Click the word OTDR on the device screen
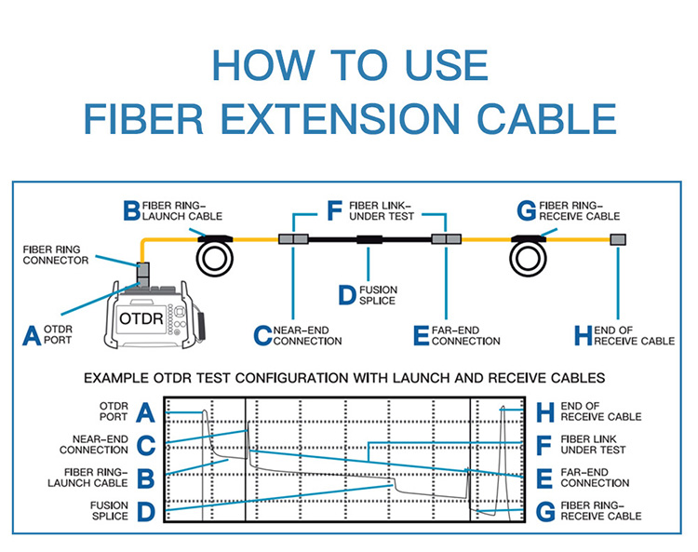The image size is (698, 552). click(x=141, y=317)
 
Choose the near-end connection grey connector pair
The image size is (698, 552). click(x=294, y=240)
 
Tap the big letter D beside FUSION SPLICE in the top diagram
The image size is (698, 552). click(x=346, y=296)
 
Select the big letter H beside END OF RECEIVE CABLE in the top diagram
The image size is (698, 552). click(x=583, y=335)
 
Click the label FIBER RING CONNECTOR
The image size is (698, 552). click(x=57, y=255)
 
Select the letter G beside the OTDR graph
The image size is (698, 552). click(x=546, y=511)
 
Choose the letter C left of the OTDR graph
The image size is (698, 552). click(x=145, y=445)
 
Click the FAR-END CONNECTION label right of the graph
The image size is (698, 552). click(x=595, y=478)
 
